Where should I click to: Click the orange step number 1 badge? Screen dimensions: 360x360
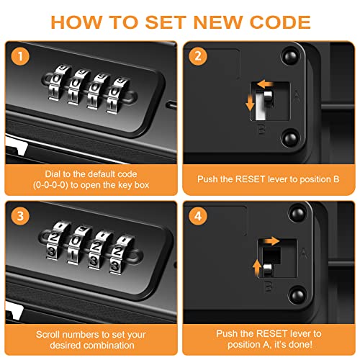click(x=20, y=56)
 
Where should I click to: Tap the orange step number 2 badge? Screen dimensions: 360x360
click(x=198, y=56)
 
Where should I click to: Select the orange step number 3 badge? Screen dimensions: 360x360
click(x=20, y=216)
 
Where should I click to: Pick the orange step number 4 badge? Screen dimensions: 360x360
click(x=198, y=216)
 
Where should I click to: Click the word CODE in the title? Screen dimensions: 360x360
click(x=280, y=22)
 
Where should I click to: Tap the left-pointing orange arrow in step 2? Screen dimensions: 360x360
click(x=265, y=84)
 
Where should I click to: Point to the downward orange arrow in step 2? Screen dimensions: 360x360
click(x=250, y=102)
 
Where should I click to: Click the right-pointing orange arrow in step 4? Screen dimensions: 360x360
click(x=271, y=240)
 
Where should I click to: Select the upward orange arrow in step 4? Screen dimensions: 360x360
click(x=257, y=267)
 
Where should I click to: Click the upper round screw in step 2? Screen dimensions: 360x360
click(x=291, y=57)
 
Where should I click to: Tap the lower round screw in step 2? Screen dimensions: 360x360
click(x=291, y=138)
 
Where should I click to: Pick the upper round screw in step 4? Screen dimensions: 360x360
click(x=298, y=213)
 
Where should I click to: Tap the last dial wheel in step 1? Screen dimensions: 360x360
click(x=117, y=95)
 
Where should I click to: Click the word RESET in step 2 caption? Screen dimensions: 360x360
click(x=250, y=179)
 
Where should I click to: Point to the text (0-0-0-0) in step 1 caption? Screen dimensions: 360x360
click(x=50, y=185)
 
